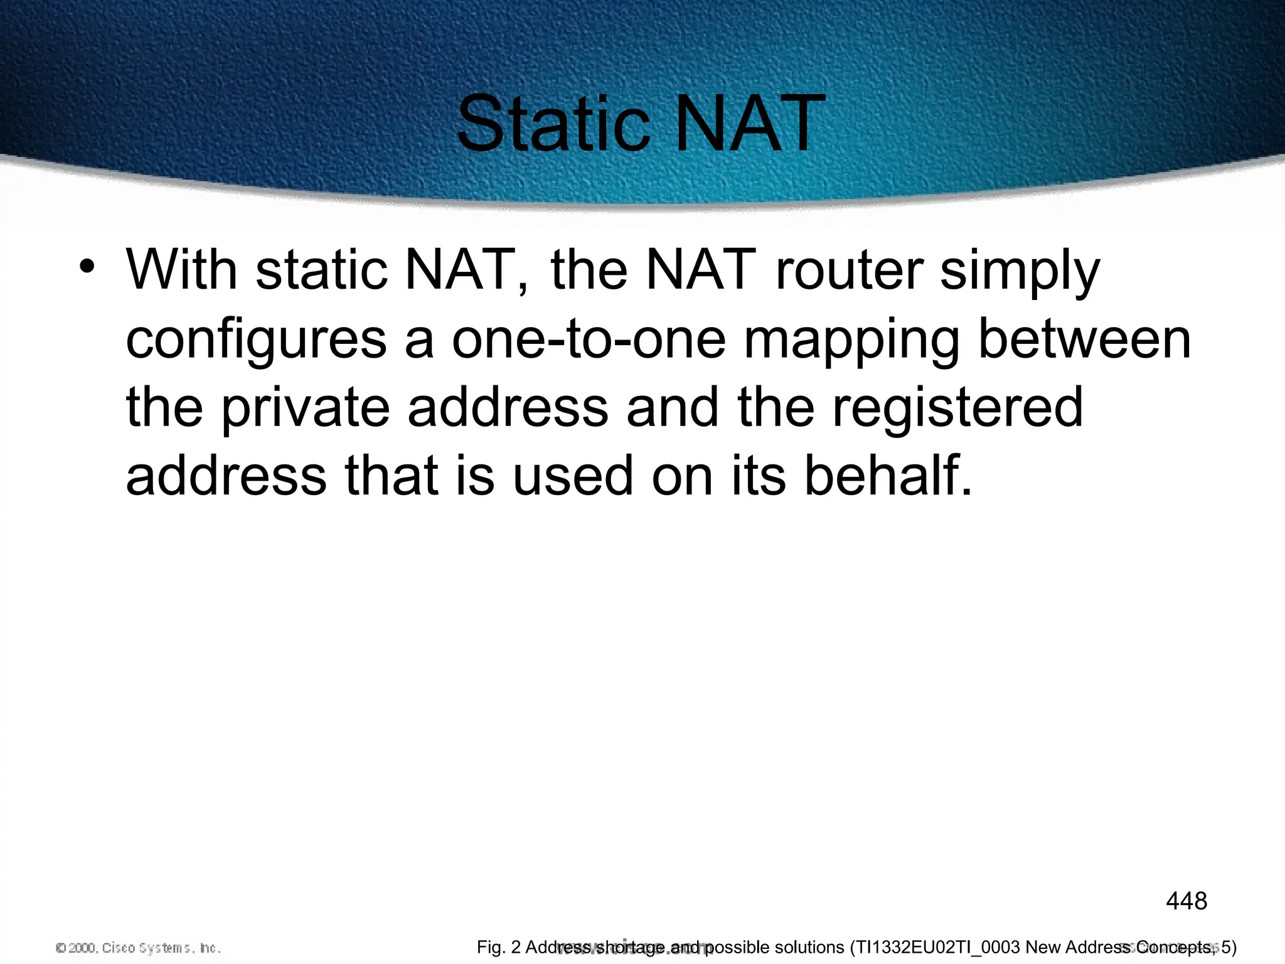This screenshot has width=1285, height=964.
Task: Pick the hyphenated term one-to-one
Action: coord(589,339)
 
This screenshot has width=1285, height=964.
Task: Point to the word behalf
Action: coord(887,476)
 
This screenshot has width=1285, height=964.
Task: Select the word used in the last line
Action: coord(572,476)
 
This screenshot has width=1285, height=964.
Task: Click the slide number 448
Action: coord(1186,901)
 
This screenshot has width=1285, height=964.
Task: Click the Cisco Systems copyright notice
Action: coord(138,948)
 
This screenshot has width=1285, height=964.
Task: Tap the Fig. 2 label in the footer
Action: coord(498,947)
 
